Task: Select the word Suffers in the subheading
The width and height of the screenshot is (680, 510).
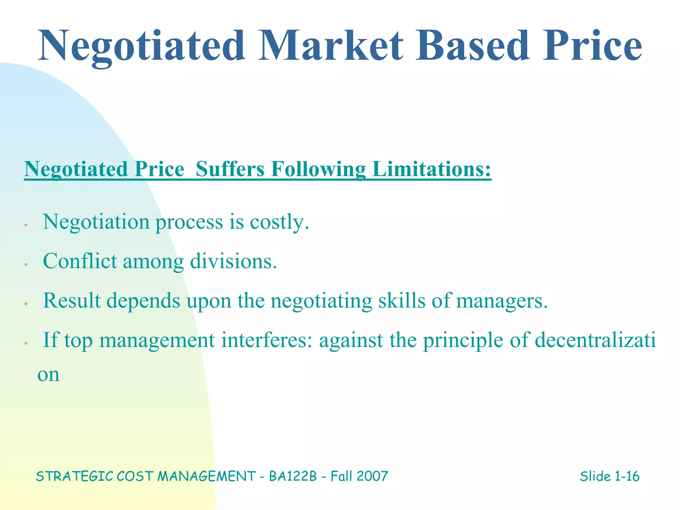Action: (230, 169)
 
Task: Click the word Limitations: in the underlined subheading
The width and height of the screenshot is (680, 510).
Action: (432, 169)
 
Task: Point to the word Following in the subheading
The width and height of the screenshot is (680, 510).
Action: (318, 169)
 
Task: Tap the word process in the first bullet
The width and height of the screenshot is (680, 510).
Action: (189, 222)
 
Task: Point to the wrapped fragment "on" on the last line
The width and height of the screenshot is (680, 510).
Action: (48, 375)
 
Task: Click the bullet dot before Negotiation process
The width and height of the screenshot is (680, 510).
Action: (26, 225)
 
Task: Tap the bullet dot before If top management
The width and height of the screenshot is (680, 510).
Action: (26, 344)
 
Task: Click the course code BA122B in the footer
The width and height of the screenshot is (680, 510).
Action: (293, 476)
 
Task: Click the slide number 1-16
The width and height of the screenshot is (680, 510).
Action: (627, 476)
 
